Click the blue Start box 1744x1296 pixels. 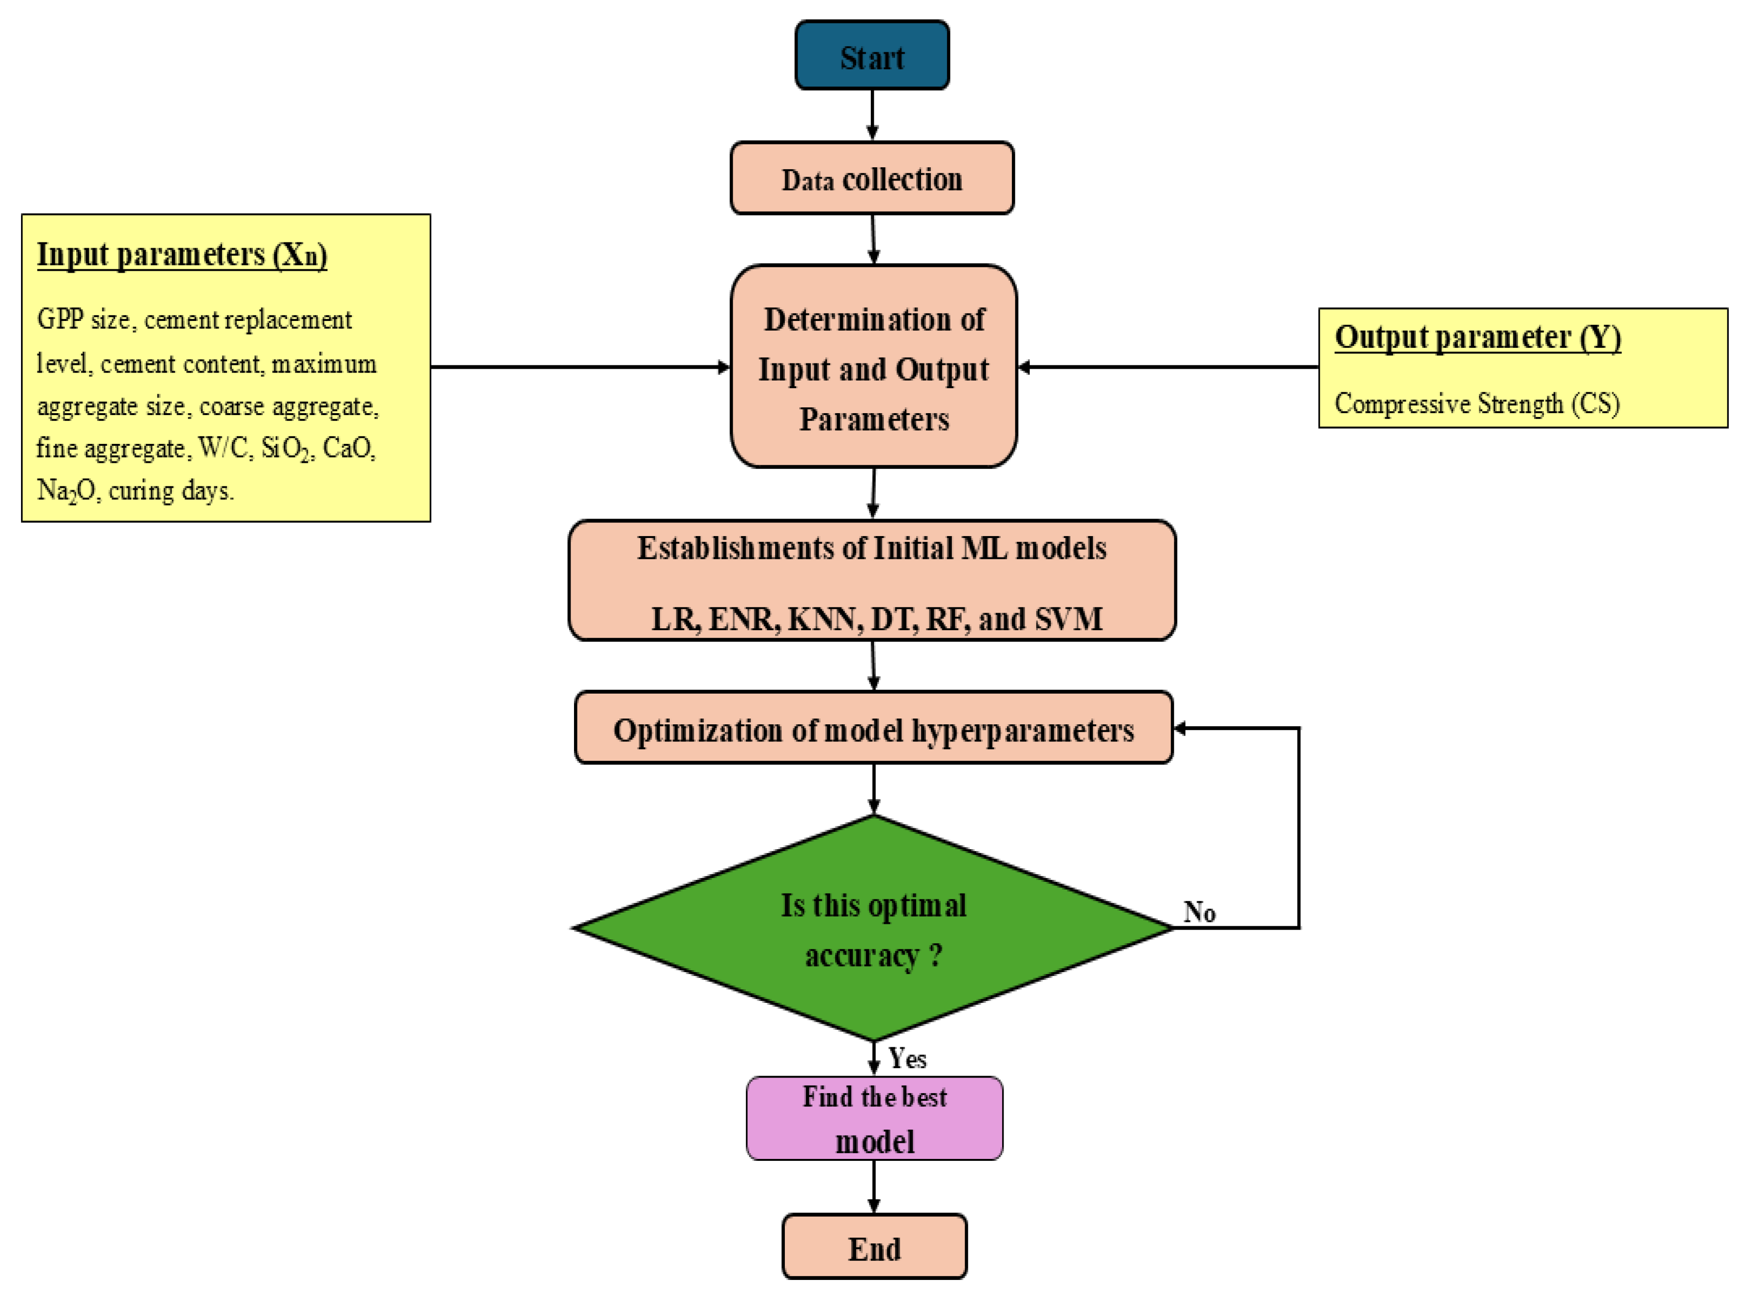(871, 56)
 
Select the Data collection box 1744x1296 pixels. (871, 179)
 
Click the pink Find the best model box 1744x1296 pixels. (874, 1118)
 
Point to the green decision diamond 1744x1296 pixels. (874, 928)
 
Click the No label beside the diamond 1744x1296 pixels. (1199, 913)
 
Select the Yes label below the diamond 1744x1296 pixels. (907, 1059)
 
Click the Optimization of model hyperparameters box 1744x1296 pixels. (874, 730)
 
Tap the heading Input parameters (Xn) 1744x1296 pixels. (182, 255)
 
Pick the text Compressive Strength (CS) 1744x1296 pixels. (1477, 403)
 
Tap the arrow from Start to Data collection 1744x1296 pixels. (872, 115)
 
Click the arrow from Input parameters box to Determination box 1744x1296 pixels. (581, 366)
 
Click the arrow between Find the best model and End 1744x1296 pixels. (874, 1187)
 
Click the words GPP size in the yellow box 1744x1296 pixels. (83, 320)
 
